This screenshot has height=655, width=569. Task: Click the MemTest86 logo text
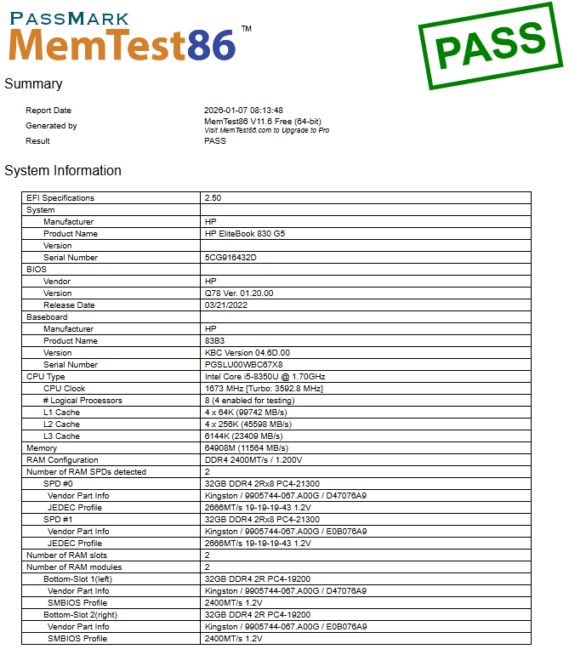(122, 44)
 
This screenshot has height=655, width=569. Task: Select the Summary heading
(33, 84)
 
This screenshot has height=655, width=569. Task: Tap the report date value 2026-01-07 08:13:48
(243, 111)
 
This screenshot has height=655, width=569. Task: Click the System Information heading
(63, 171)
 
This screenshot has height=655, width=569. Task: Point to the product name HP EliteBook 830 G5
(245, 234)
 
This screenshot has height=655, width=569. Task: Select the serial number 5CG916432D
(230, 258)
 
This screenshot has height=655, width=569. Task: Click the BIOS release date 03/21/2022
(226, 305)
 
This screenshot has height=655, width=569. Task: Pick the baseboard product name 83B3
(215, 341)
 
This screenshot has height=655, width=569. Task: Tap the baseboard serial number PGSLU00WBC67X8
(243, 365)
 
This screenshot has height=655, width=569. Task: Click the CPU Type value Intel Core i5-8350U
(265, 377)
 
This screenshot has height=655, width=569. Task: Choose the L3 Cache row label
(61, 436)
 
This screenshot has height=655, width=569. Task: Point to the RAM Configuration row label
(62, 460)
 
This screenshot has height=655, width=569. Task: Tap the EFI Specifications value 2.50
(213, 198)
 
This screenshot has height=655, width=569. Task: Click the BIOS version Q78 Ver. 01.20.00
(239, 293)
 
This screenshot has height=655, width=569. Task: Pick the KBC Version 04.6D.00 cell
(247, 353)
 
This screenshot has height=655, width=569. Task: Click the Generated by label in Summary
(51, 126)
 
